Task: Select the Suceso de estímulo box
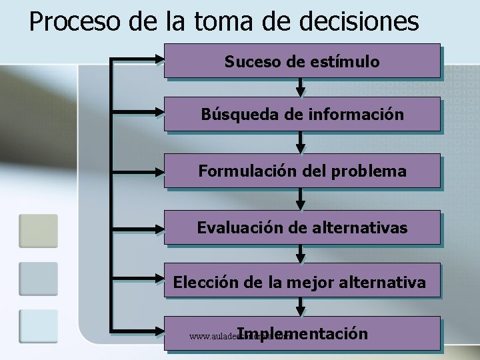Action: tap(302, 61)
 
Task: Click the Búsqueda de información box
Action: tap(302, 114)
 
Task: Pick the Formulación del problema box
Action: tap(302, 171)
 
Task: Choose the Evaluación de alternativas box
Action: tap(302, 228)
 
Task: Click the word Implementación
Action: tap(302, 333)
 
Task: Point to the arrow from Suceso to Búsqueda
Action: tap(301, 87)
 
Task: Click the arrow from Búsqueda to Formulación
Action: tap(301, 142)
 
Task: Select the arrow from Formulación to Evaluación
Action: tap(301, 199)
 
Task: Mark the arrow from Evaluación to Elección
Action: tap(301, 254)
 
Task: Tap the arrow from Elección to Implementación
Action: tap(301, 306)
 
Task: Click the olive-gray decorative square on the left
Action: tap(38, 230)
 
